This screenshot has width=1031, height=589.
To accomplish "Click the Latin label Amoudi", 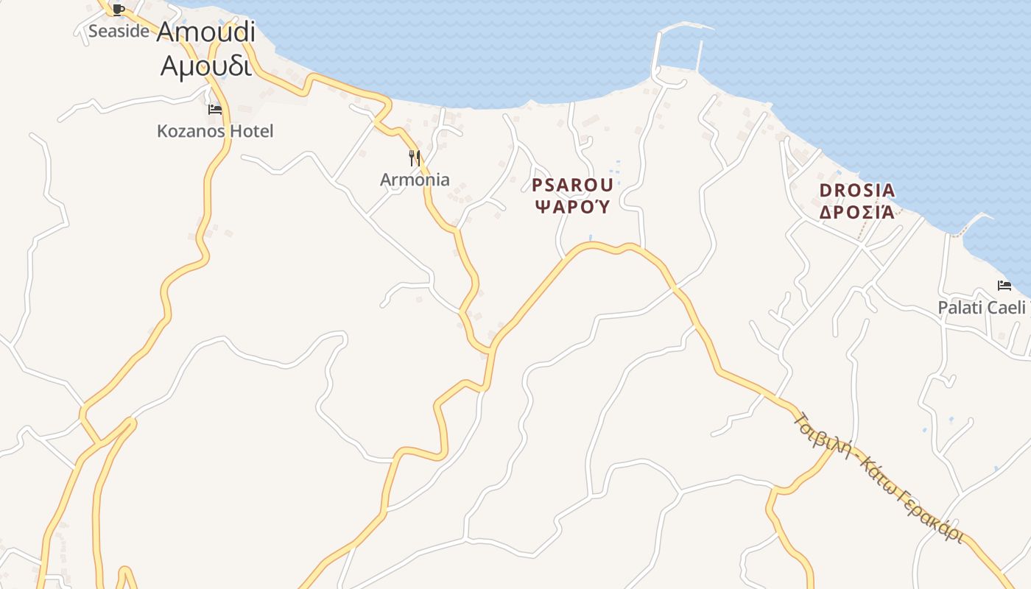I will point(205,32).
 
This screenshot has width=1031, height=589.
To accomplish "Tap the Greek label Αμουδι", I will point(205,66).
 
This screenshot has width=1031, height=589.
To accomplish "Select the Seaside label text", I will point(119,31).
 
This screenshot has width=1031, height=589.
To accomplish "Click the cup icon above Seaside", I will point(119,10).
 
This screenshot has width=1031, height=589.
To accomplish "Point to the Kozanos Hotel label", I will point(215,131).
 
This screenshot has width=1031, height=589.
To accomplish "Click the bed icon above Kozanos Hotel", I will point(215,110).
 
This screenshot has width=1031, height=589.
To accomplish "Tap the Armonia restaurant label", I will point(415,179).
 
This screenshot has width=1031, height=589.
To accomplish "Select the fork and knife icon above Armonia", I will point(415,158).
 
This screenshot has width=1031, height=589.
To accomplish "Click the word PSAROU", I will point(572,184).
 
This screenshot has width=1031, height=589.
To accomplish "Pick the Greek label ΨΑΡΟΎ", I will point(572,206).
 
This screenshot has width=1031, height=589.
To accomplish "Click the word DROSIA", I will point(857,191).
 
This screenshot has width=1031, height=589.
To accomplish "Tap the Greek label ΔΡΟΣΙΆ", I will point(857,212).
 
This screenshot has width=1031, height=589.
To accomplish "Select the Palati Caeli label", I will point(981,307).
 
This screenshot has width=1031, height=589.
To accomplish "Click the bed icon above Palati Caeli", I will point(1004,286).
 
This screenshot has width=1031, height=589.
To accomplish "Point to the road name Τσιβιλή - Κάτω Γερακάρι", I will point(880,477).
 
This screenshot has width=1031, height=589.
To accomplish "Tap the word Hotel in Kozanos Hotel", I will point(250,131).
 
